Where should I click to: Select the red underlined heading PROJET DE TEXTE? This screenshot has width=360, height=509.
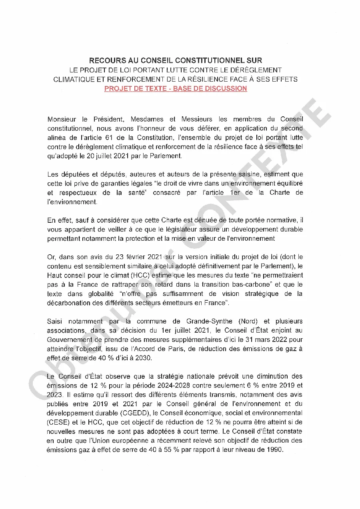tap(135, 89)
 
